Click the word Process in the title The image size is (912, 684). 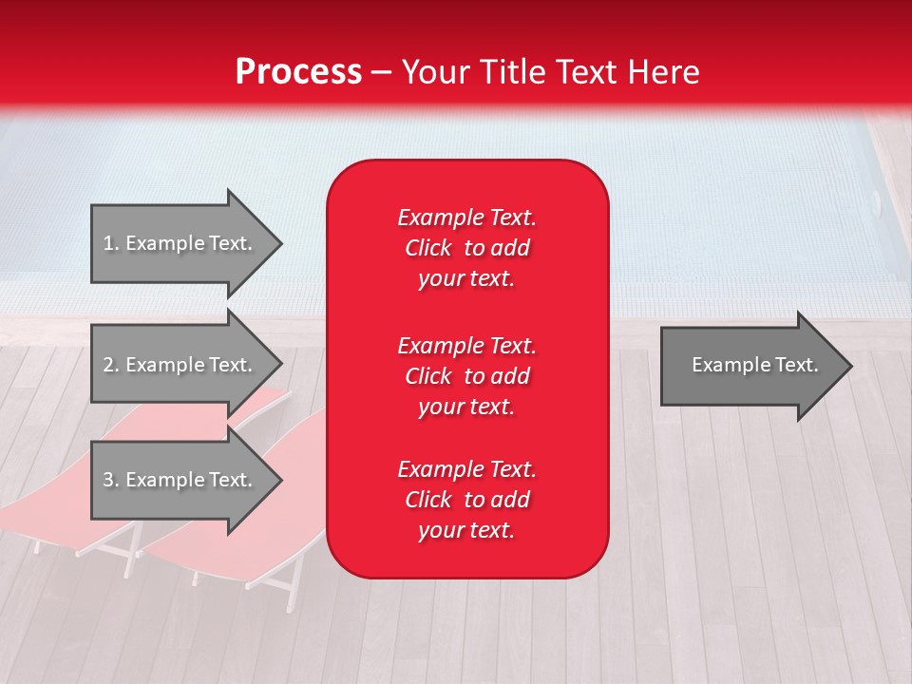(298, 72)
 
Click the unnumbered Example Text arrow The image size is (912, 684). (750, 366)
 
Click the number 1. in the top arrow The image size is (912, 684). (111, 243)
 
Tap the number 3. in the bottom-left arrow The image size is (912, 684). (111, 480)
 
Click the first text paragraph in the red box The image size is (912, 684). (466, 248)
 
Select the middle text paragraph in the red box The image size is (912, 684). (466, 376)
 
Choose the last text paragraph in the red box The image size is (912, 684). (466, 500)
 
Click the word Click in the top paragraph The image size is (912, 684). (427, 248)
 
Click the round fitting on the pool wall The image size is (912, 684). (876, 201)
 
